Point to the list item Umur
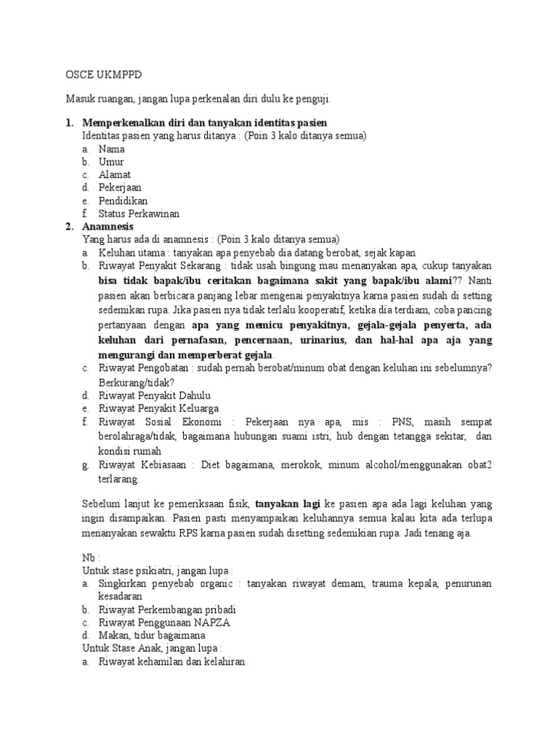[112, 161]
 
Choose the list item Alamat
[115, 174]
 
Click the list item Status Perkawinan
[139, 214]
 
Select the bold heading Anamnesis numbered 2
[110, 227]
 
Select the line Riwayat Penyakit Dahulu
[155, 395]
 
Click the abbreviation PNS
[402, 421]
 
